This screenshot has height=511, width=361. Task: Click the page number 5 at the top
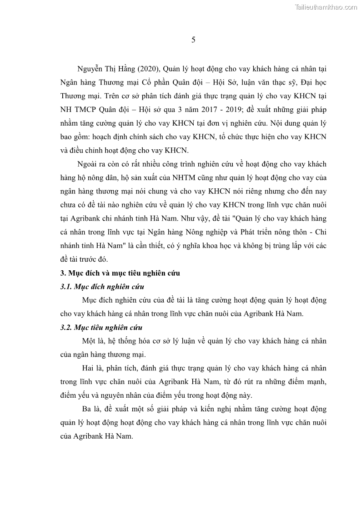pyautogui.click(x=193, y=40)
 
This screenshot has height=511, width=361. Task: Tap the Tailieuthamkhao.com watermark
pyautogui.click(x=326, y=7)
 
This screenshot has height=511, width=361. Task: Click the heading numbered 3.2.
pyautogui.click(x=101, y=328)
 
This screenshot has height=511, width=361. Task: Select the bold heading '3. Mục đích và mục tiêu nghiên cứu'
pyautogui.click(x=120, y=273)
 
